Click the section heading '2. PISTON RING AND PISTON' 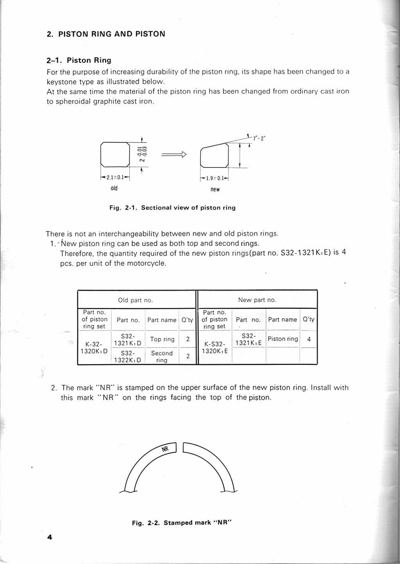coord(106,34)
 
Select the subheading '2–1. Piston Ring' coord(79,60)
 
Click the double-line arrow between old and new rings coord(174,155)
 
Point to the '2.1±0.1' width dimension coord(115,177)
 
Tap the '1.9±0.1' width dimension coord(215,178)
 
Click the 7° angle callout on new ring coord(259,138)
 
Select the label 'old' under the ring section coord(114,188)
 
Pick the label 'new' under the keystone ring coord(215,189)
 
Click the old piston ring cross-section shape coord(115,155)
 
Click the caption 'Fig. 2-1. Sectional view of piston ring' coord(172,208)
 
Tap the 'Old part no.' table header coord(136,300)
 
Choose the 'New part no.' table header coord(257,300)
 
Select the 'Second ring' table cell coord(162,356)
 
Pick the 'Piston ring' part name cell coord(283,339)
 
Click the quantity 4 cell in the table coord(309,339)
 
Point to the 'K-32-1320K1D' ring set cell coord(94,348)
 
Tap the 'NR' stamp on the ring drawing coord(165,449)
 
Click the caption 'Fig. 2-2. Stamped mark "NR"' coord(182,523)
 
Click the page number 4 coord(50,537)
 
